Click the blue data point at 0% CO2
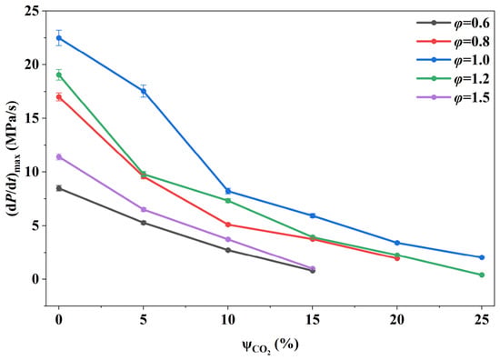59,38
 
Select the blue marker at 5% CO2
144,91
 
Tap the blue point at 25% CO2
482,257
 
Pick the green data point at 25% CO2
482,275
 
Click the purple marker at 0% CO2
59,157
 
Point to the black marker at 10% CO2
228,250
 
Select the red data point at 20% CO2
397,258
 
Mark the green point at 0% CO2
59,75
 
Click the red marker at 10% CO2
228,225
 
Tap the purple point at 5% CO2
144,209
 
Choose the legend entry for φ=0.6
453,23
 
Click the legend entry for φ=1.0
453,60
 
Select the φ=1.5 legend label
472,97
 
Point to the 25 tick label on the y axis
33,11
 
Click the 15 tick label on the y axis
33,118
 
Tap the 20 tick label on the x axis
397,319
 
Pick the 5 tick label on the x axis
144,319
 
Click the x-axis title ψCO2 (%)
270,345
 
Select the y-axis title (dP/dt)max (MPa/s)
14,158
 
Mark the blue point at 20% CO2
397,243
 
